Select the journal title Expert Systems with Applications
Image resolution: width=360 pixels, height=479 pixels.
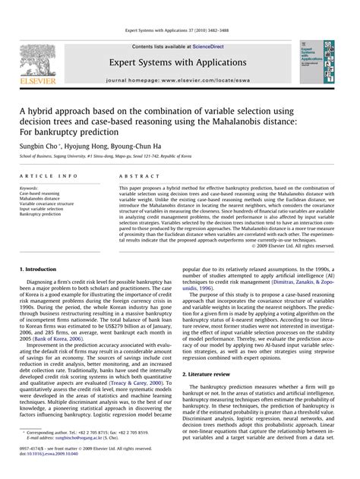click(179, 61)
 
